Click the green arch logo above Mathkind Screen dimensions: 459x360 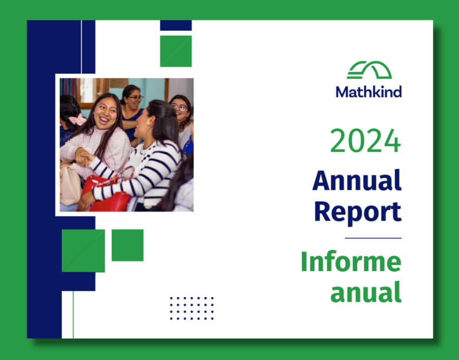(369, 70)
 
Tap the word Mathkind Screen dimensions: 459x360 (369, 92)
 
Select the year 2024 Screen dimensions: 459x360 (365, 141)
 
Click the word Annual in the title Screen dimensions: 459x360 (357, 180)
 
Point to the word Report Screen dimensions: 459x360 (358, 212)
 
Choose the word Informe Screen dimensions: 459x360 (351, 261)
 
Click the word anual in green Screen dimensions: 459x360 (366, 292)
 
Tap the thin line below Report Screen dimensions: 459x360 (373, 238)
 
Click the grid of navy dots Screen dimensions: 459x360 (192, 308)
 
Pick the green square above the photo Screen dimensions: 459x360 (176, 51)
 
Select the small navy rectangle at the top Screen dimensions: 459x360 (176, 25)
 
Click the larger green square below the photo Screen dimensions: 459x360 (84, 251)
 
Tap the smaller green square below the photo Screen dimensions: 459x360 (128, 245)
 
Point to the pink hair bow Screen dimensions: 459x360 (77, 119)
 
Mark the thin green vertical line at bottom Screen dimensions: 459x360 (73, 315)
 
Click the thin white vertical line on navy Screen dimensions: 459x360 (81, 47)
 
